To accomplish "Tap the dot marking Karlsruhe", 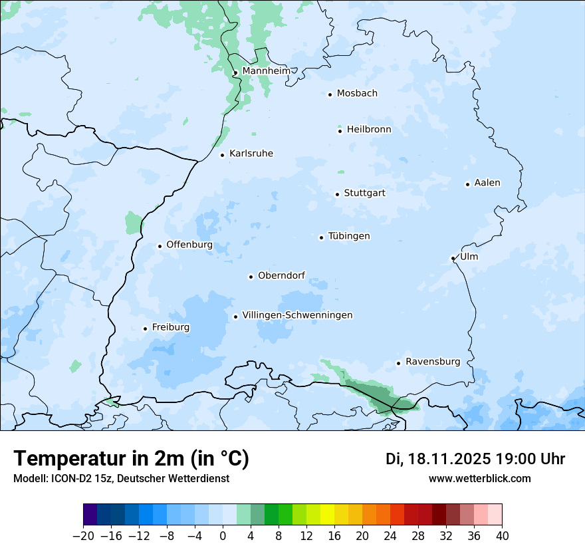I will click(x=223, y=155).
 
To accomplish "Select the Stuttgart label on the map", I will click(x=364, y=193).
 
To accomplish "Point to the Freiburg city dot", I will click(x=145, y=329).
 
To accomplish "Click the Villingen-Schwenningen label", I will click(x=297, y=315).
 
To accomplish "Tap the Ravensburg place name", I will click(x=433, y=362).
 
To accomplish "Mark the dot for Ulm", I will click(x=453, y=258).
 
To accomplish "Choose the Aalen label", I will click(x=487, y=183).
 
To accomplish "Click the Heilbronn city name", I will click(x=369, y=129).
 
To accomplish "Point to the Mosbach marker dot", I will click(x=330, y=94).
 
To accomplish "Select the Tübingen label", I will click(x=349, y=236).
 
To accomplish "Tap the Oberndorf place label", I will click(x=281, y=275).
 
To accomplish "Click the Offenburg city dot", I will click(x=160, y=246).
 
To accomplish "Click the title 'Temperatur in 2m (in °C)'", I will click(x=131, y=458).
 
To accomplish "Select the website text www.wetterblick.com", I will click(x=479, y=478).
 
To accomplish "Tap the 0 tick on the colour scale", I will click(x=223, y=536).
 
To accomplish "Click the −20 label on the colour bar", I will click(x=83, y=536).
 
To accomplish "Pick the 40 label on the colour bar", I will click(x=502, y=536).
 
